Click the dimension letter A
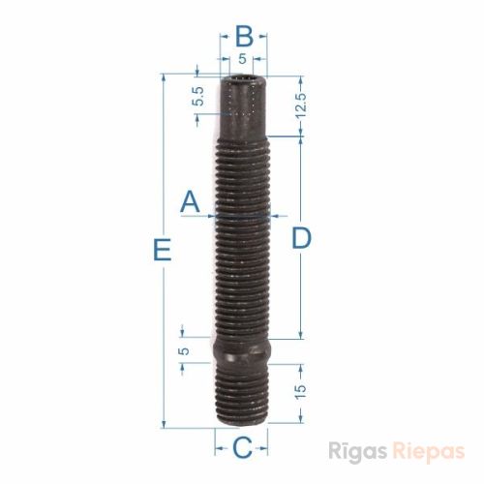[x=190, y=201]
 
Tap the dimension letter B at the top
[x=244, y=36]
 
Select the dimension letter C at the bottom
[x=242, y=447]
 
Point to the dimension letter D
[x=301, y=238]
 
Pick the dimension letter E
[x=162, y=249]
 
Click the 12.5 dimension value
[x=300, y=106]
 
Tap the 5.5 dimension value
[x=198, y=97]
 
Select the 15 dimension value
[x=300, y=392]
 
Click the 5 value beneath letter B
[x=242, y=59]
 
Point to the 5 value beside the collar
[x=184, y=351]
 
